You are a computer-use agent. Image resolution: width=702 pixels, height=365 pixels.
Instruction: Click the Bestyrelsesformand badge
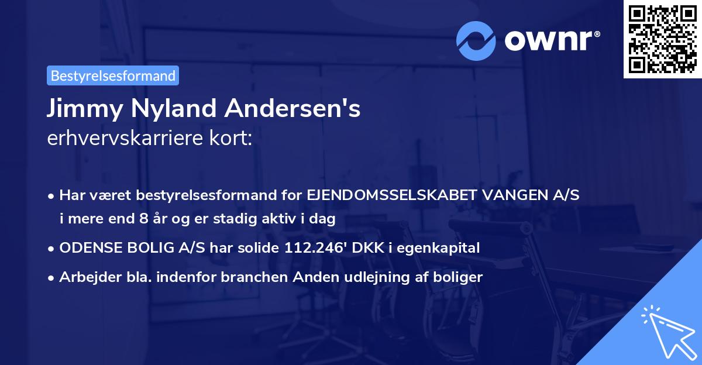pos(113,75)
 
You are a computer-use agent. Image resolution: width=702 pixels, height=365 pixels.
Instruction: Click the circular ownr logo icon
pos(476,40)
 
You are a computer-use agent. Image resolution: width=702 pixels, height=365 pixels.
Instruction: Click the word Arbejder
pos(85,277)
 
